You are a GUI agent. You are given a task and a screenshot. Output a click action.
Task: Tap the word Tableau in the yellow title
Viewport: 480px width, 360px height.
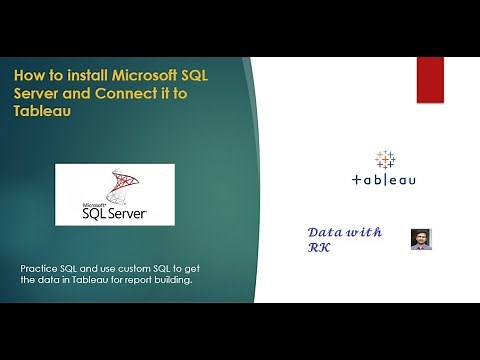click(x=48, y=114)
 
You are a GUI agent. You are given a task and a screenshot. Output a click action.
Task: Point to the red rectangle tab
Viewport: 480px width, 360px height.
click(x=430, y=80)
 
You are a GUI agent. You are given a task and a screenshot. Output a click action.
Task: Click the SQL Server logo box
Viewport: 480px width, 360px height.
click(x=114, y=195)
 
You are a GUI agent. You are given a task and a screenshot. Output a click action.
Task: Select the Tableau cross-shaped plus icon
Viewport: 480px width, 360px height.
click(x=385, y=159)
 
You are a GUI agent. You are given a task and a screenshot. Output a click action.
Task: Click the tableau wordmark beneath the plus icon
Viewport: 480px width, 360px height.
click(x=385, y=181)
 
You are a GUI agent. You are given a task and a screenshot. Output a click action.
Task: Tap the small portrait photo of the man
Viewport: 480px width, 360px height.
click(x=421, y=239)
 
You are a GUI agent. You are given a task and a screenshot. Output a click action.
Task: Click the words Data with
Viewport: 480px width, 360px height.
click(x=344, y=232)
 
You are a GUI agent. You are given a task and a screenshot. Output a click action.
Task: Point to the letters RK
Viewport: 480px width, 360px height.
click(x=319, y=247)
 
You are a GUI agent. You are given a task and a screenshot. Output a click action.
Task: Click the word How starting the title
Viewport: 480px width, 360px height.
click(x=28, y=77)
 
